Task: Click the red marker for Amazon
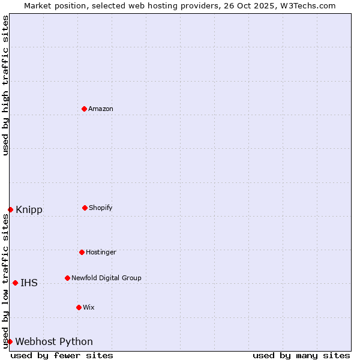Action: pyautogui.click(x=84, y=109)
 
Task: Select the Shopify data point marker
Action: pyautogui.click(x=85, y=208)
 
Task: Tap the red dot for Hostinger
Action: pyautogui.click(x=82, y=252)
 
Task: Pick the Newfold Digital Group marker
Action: pyautogui.click(x=67, y=278)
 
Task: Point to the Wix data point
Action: pyautogui.click(x=79, y=307)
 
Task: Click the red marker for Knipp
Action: pyautogui.click(x=10, y=209)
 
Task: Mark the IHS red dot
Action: pyautogui.click(x=15, y=283)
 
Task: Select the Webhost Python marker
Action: pyautogui.click(x=10, y=341)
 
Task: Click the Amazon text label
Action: pyautogui.click(x=101, y=109)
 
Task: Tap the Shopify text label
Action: pyautogui.click(x=101, y=208)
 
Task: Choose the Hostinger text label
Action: pyautogui.click(x=101, y=252)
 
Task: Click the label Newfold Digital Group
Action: pyautogui.click(x=106, y=278)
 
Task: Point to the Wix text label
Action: pyautogui.click(x=89, y=307)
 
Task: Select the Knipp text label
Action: pyautogui.click(x=29, y=209)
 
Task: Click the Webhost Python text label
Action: pyautogui.click(x=54, y=341)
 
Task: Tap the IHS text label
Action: pyautogui.click(x=29, y=283)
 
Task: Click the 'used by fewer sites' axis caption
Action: pyautogui.click(x=62, y=355)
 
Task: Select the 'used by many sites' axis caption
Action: pyautogui.click(x=301, y=355)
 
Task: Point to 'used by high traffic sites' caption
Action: pyautogui.click(x=5, y=85)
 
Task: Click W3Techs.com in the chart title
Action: pyautogui.click(x=306, y=5)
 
